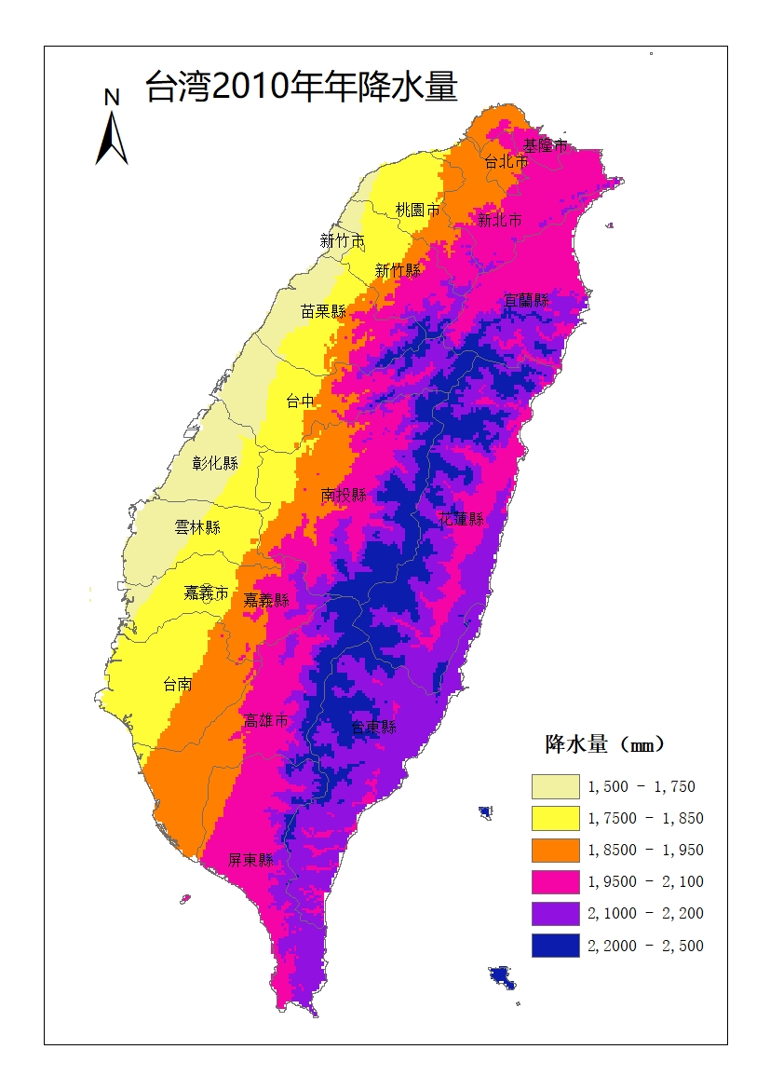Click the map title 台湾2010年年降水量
[x=301, y=88]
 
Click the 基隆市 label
[x=545, y=145]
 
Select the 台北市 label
[x=507, y=162]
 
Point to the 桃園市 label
[x=417, y=210]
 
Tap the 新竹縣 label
[x=398, y=270]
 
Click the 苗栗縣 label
[x=323, y=311]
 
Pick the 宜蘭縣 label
[x=526, y=300]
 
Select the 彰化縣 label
[x=215, y=463]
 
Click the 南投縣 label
[x=344, y=495]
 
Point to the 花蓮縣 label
[x=461, y=519]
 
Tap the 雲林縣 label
[x=197, y=527]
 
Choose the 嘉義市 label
[x=206, y=592]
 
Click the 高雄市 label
[x=265, y=720]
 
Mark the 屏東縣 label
[x=251, y=860]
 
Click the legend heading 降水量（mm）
[x=604, y=744]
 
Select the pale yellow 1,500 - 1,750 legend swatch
[x=555, y=786]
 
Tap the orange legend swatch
[x=555, y=850]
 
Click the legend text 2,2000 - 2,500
[x=645, y=946]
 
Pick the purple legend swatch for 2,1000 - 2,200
[x=555, y=913]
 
